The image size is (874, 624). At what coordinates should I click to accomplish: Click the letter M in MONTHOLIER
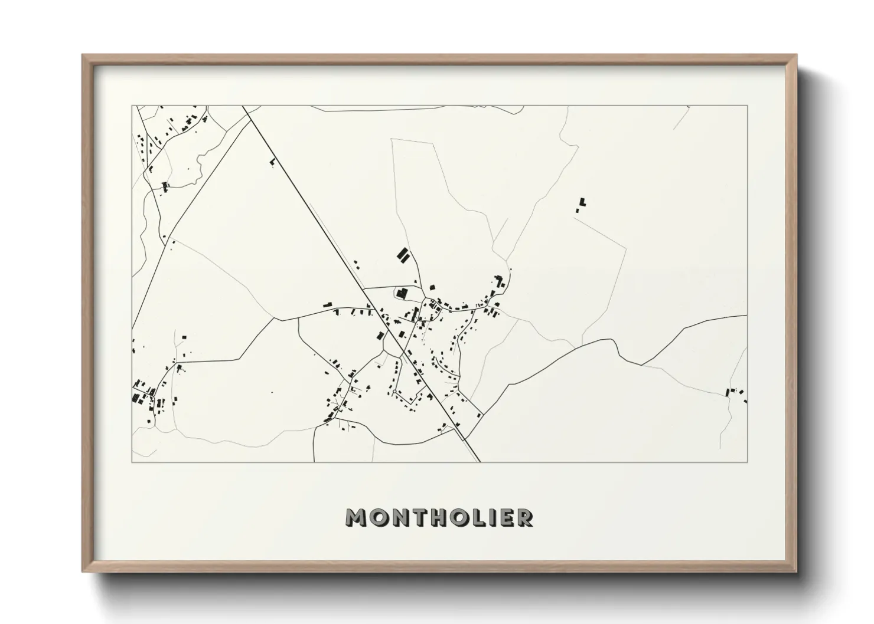358,517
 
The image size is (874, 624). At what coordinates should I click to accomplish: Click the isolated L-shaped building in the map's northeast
582,203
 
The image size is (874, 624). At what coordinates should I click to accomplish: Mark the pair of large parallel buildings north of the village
403,255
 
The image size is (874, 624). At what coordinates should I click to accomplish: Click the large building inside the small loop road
402,293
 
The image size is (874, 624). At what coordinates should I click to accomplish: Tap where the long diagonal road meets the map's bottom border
479,462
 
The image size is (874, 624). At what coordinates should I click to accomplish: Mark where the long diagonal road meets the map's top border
243,106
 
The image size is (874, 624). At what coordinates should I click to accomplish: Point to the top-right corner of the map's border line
747,106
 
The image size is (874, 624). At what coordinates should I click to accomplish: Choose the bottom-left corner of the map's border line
132,462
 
